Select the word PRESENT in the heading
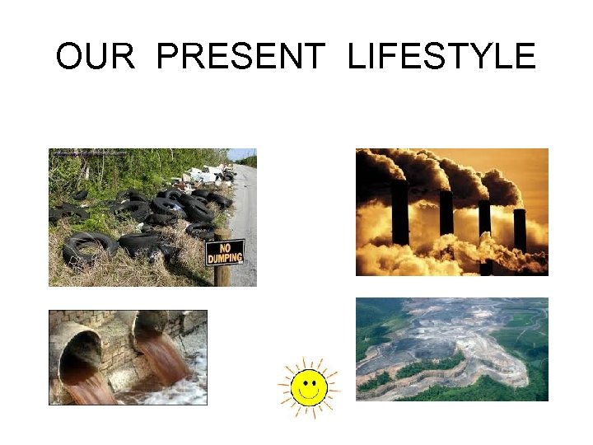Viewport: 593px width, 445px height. (240, 57)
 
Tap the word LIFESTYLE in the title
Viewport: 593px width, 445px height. (441, 57)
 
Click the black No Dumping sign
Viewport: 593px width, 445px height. (225, 252)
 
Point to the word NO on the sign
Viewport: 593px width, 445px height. (224, 246)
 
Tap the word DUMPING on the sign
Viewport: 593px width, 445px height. (225, 257)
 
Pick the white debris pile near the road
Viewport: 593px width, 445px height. (202, 176)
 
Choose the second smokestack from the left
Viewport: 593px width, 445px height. (446, 214)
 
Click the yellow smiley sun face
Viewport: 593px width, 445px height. (309, 385)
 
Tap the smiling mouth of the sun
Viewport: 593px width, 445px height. (309, 394)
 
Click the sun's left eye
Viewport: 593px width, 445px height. (303, 380)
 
